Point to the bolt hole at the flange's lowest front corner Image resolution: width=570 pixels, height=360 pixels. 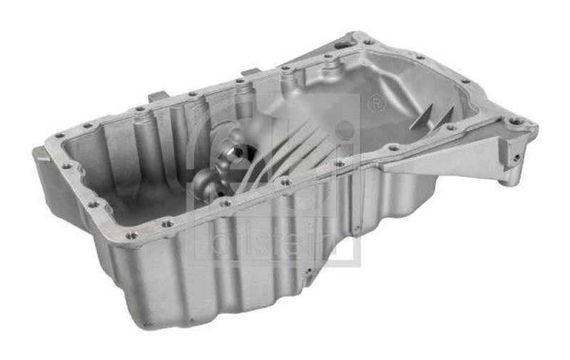[132, 235]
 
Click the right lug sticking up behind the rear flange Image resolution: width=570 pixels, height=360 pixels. [250, 72]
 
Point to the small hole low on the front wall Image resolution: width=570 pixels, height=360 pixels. [308, 272]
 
